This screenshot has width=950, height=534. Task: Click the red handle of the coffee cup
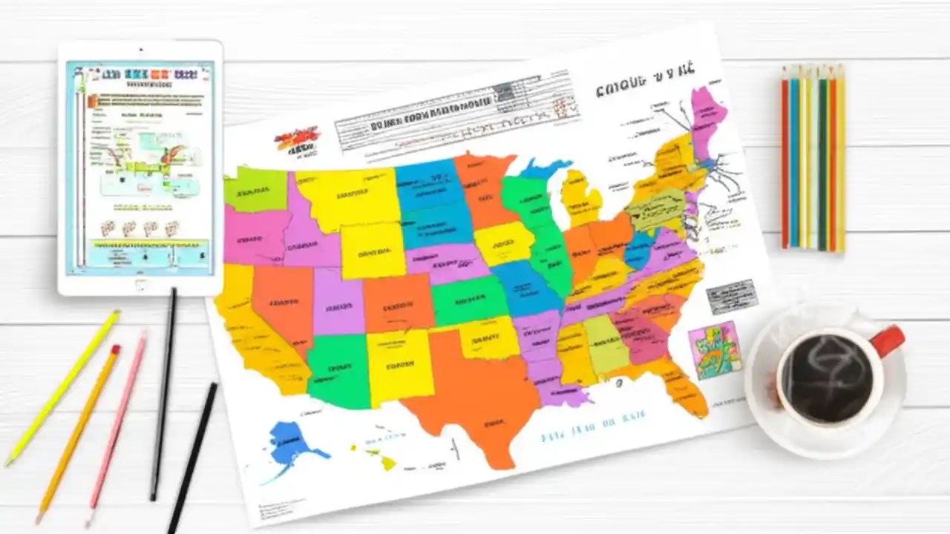888,340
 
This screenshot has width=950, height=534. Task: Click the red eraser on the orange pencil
114,350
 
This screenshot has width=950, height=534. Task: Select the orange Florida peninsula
683,386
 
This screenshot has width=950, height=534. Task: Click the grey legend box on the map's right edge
730,297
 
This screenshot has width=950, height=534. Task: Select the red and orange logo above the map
298,139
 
